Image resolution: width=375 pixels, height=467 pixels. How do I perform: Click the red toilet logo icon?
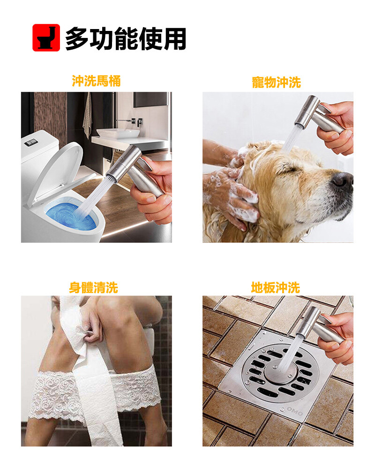point(46,38)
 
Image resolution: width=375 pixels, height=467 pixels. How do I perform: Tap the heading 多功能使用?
point(126,38)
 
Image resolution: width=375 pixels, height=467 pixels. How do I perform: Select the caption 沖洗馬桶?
point(96,81)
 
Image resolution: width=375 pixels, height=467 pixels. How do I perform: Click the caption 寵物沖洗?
point(277,82)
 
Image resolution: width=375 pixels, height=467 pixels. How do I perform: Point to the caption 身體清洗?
point(94,288)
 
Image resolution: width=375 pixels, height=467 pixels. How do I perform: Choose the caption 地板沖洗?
point(276,288)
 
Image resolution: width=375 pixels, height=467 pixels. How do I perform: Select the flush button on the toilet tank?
point(31,142)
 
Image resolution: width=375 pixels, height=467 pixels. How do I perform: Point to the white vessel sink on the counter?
point(118,133)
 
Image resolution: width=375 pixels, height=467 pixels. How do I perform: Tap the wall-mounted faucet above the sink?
point(130,121)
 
